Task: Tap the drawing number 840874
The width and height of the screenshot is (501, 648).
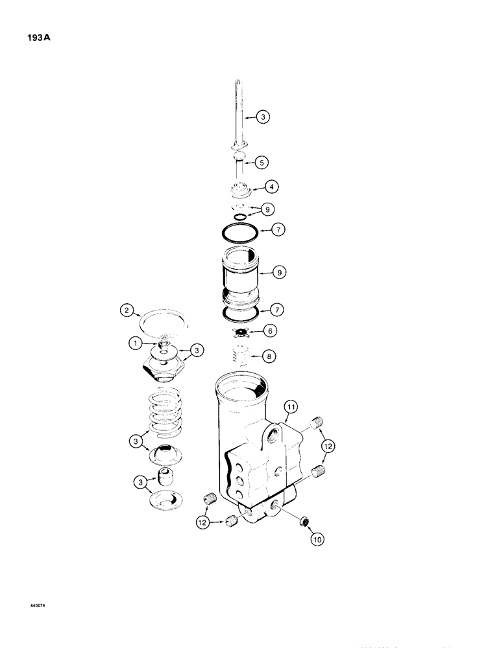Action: pos(38,606)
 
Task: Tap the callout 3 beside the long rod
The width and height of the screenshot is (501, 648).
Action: pos(262,117)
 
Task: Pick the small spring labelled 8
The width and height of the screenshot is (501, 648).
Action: pos(241,355)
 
